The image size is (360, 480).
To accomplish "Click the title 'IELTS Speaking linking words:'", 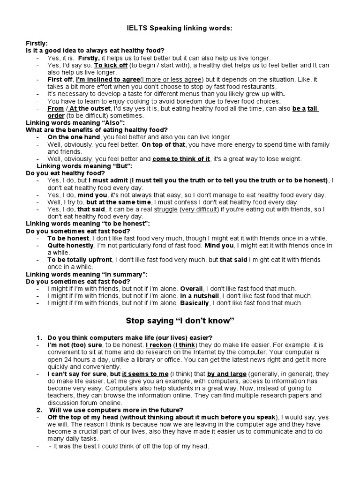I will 180,29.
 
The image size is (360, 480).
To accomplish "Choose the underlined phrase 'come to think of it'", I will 181,159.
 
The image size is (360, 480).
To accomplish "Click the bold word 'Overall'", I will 191,288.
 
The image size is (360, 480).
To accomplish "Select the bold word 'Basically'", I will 195,303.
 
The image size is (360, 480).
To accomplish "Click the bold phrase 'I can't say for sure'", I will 77,374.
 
